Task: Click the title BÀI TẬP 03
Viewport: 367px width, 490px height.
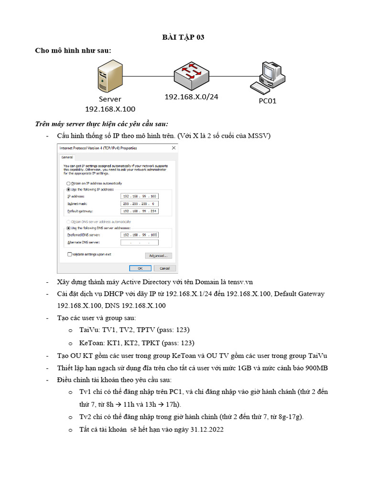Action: [x=183, y=37]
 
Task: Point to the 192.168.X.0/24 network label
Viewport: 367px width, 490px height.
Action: [x=191, y=97]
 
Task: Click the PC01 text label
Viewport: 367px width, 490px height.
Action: [x=267, y=101]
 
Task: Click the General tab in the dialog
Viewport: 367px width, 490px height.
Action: [x=67, y=157]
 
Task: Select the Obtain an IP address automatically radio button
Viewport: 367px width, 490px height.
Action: [x=68, y=183]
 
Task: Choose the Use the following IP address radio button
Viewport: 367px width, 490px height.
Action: [x=68, y=189]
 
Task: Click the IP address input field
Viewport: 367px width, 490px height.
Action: [x=140, y=196]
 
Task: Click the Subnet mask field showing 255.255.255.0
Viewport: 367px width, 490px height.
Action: [x=140, y=204]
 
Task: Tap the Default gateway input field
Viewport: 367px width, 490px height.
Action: [x=140, y=211]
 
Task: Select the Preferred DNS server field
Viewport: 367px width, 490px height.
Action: [x=140, y=235]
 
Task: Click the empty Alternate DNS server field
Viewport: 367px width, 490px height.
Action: [x=140, y=243]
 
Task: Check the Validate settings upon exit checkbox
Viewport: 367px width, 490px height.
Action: [x=70, y=254]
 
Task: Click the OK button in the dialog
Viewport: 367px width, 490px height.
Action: [x=140, y=268]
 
